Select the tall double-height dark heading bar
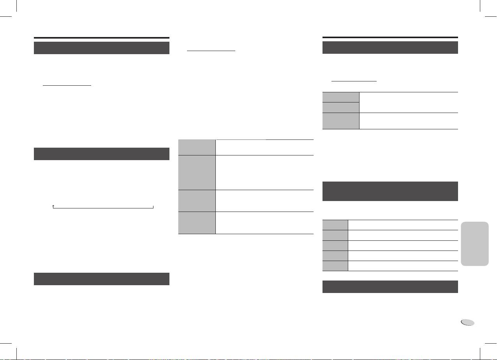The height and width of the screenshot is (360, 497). (x=390, y=191)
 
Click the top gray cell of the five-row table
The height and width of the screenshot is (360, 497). (x=335, y=225)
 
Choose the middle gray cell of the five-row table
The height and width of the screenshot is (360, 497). (x=335, y=245)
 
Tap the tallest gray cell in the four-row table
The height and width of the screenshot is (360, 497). (x=197, y=172)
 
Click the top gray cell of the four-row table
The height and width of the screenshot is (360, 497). (x=197, y=147)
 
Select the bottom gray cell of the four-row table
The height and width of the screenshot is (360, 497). (x=197, y=222)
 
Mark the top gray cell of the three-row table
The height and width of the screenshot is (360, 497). (x=341, y=97)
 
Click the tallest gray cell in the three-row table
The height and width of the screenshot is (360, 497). (x=341, y=120)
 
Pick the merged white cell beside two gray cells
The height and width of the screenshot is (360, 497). (x=408, y=102)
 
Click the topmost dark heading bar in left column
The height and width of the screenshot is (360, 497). (x=102, y=48)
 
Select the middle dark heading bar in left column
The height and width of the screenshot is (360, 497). (x=102, y=154)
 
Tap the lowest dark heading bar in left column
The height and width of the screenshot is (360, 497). (x=102, y=279)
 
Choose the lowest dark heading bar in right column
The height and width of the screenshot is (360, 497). (x=390, y=287)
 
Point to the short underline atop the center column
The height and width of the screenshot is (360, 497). (x=211, y=51)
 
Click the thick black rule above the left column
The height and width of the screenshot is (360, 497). (x=102, y=38)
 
